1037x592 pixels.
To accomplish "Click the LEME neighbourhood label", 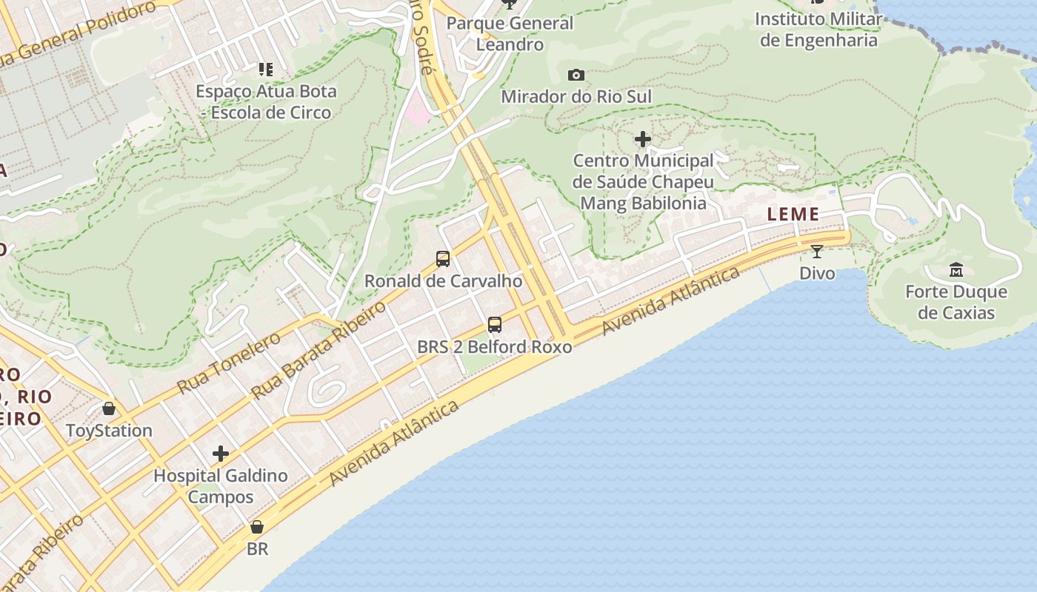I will (793, 215).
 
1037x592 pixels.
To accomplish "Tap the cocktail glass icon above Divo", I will (817, 252).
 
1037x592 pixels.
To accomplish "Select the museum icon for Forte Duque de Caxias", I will (956, 270).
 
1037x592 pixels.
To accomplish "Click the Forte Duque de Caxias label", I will (956, 302).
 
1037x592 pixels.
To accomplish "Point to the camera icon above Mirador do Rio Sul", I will (576, 75).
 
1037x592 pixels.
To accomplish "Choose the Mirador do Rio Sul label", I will (576, 97).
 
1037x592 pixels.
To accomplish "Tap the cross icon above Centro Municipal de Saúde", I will (643, 138).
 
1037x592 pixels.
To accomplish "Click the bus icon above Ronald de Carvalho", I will (443, 259).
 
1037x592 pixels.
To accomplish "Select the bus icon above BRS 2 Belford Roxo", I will (494, 324).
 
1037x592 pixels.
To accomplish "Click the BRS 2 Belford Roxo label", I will (494, 346).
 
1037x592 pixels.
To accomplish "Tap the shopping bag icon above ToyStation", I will (109, 408).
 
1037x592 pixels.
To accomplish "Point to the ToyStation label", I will (109, 431).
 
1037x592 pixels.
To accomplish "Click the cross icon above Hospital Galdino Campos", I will (220, 454).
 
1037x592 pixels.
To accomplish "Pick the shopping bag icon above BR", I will (257, 527).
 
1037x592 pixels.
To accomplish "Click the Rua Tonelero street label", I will (229, 363).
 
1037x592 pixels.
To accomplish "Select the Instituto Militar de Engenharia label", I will (818, 30).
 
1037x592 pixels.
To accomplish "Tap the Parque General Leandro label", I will (510, 33).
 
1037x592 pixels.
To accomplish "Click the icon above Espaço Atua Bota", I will (266, 70).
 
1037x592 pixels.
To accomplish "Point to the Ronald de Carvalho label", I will (443, 281).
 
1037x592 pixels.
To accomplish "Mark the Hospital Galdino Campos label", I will (220, 486).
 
